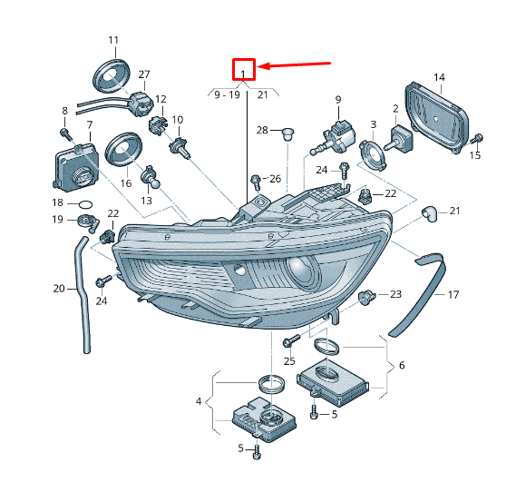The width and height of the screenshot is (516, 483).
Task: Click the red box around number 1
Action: click(x=244, y=59)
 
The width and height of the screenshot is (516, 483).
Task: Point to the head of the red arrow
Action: click(x=258, y=67)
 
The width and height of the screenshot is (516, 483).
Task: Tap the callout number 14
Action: click(x=439, y=77)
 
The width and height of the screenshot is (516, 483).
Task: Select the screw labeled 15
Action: click(x=477, y=139)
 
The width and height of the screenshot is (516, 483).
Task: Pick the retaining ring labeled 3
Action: click(x=373, y=154)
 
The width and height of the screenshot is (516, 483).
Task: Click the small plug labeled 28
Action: click(x=288, y=134)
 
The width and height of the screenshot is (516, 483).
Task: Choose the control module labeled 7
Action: click(x=75, y=167)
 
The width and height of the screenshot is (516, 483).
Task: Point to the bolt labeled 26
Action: click(x=256, y=182)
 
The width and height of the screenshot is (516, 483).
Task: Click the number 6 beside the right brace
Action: click(x=402, y=365)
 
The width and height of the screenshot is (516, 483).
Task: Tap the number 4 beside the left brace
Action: click(x=199, y=401)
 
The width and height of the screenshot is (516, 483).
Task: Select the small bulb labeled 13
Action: click(x=150, y=177)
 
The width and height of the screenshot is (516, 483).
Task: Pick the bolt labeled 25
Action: click(x=291, y=341)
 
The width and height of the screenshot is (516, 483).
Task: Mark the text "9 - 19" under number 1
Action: click(x=227, y=95)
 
